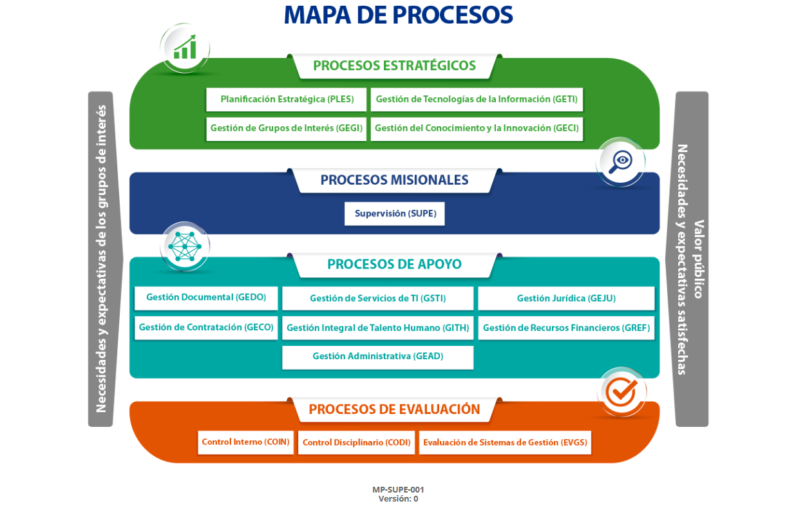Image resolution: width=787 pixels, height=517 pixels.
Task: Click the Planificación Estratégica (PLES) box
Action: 286,100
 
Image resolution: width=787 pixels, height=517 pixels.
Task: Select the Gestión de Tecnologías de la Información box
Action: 477,100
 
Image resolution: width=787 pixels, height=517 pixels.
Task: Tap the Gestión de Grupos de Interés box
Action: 286,128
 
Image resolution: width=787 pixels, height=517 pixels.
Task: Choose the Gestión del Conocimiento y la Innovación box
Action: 477,128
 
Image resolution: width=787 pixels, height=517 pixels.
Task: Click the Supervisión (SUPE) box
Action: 394,214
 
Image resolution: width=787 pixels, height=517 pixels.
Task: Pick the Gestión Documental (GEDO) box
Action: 206,298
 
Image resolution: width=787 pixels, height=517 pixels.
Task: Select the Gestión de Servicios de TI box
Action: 377,299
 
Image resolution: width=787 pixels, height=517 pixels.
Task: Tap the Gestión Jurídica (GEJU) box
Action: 566,299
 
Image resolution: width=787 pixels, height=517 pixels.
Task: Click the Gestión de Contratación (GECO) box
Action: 206,327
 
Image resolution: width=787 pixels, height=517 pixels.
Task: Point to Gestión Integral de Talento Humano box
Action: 377,328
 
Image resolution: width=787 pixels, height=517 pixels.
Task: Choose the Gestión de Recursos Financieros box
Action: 566,328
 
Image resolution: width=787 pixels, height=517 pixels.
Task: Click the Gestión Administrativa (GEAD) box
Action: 377,357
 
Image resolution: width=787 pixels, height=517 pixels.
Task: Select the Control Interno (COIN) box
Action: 245,442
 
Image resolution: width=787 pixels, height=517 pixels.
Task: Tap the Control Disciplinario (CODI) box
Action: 356,443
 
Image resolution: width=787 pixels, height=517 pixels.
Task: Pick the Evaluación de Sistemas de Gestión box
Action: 505,443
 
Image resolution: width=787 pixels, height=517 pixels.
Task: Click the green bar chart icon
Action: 185,48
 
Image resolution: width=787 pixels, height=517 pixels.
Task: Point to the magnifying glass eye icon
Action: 620,161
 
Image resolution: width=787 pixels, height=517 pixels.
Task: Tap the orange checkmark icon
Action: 621,391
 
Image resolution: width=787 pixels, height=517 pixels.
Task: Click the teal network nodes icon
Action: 185,247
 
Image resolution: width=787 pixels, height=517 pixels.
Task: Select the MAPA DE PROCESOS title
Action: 398,15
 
